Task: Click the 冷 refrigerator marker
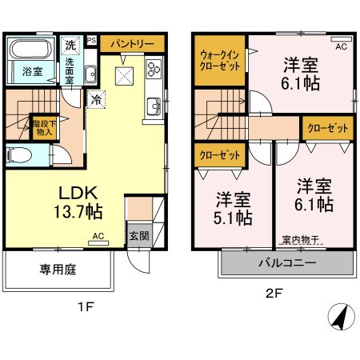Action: pyautogui.click(x=96, y=101)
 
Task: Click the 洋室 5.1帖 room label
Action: pyautogui.click(x=234, y=206)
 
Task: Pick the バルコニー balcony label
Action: pyautogui.click(x=286, y=262)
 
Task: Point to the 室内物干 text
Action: pyautogui.click(x=300, y=239)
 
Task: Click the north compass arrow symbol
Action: pyautogui.click(x=339, y=317)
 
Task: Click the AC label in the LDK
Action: pyautogui.click(x=98, y=237)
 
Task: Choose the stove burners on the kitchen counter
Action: pyautogui.click(x=151, y=70)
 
